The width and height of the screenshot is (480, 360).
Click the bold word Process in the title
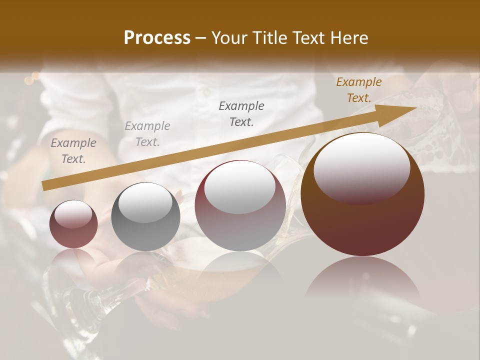[x=157, y=38]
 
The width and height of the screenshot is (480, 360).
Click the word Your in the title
[x=230, y=38]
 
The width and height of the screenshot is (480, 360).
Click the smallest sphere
[x=73, y=224]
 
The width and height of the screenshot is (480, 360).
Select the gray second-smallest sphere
[x=145, y=217]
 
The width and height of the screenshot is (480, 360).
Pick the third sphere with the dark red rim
[x=240, y=205]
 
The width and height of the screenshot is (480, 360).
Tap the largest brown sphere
[x=362, y=194]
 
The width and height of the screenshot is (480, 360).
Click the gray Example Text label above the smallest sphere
[x=73, y=151]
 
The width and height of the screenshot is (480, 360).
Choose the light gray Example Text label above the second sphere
[x=147, y=134]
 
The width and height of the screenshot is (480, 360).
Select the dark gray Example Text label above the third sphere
[x=241, y=113]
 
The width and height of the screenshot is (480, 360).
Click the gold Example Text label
[x=359, y=90]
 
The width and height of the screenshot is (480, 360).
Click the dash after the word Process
[x=201, y=38]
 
